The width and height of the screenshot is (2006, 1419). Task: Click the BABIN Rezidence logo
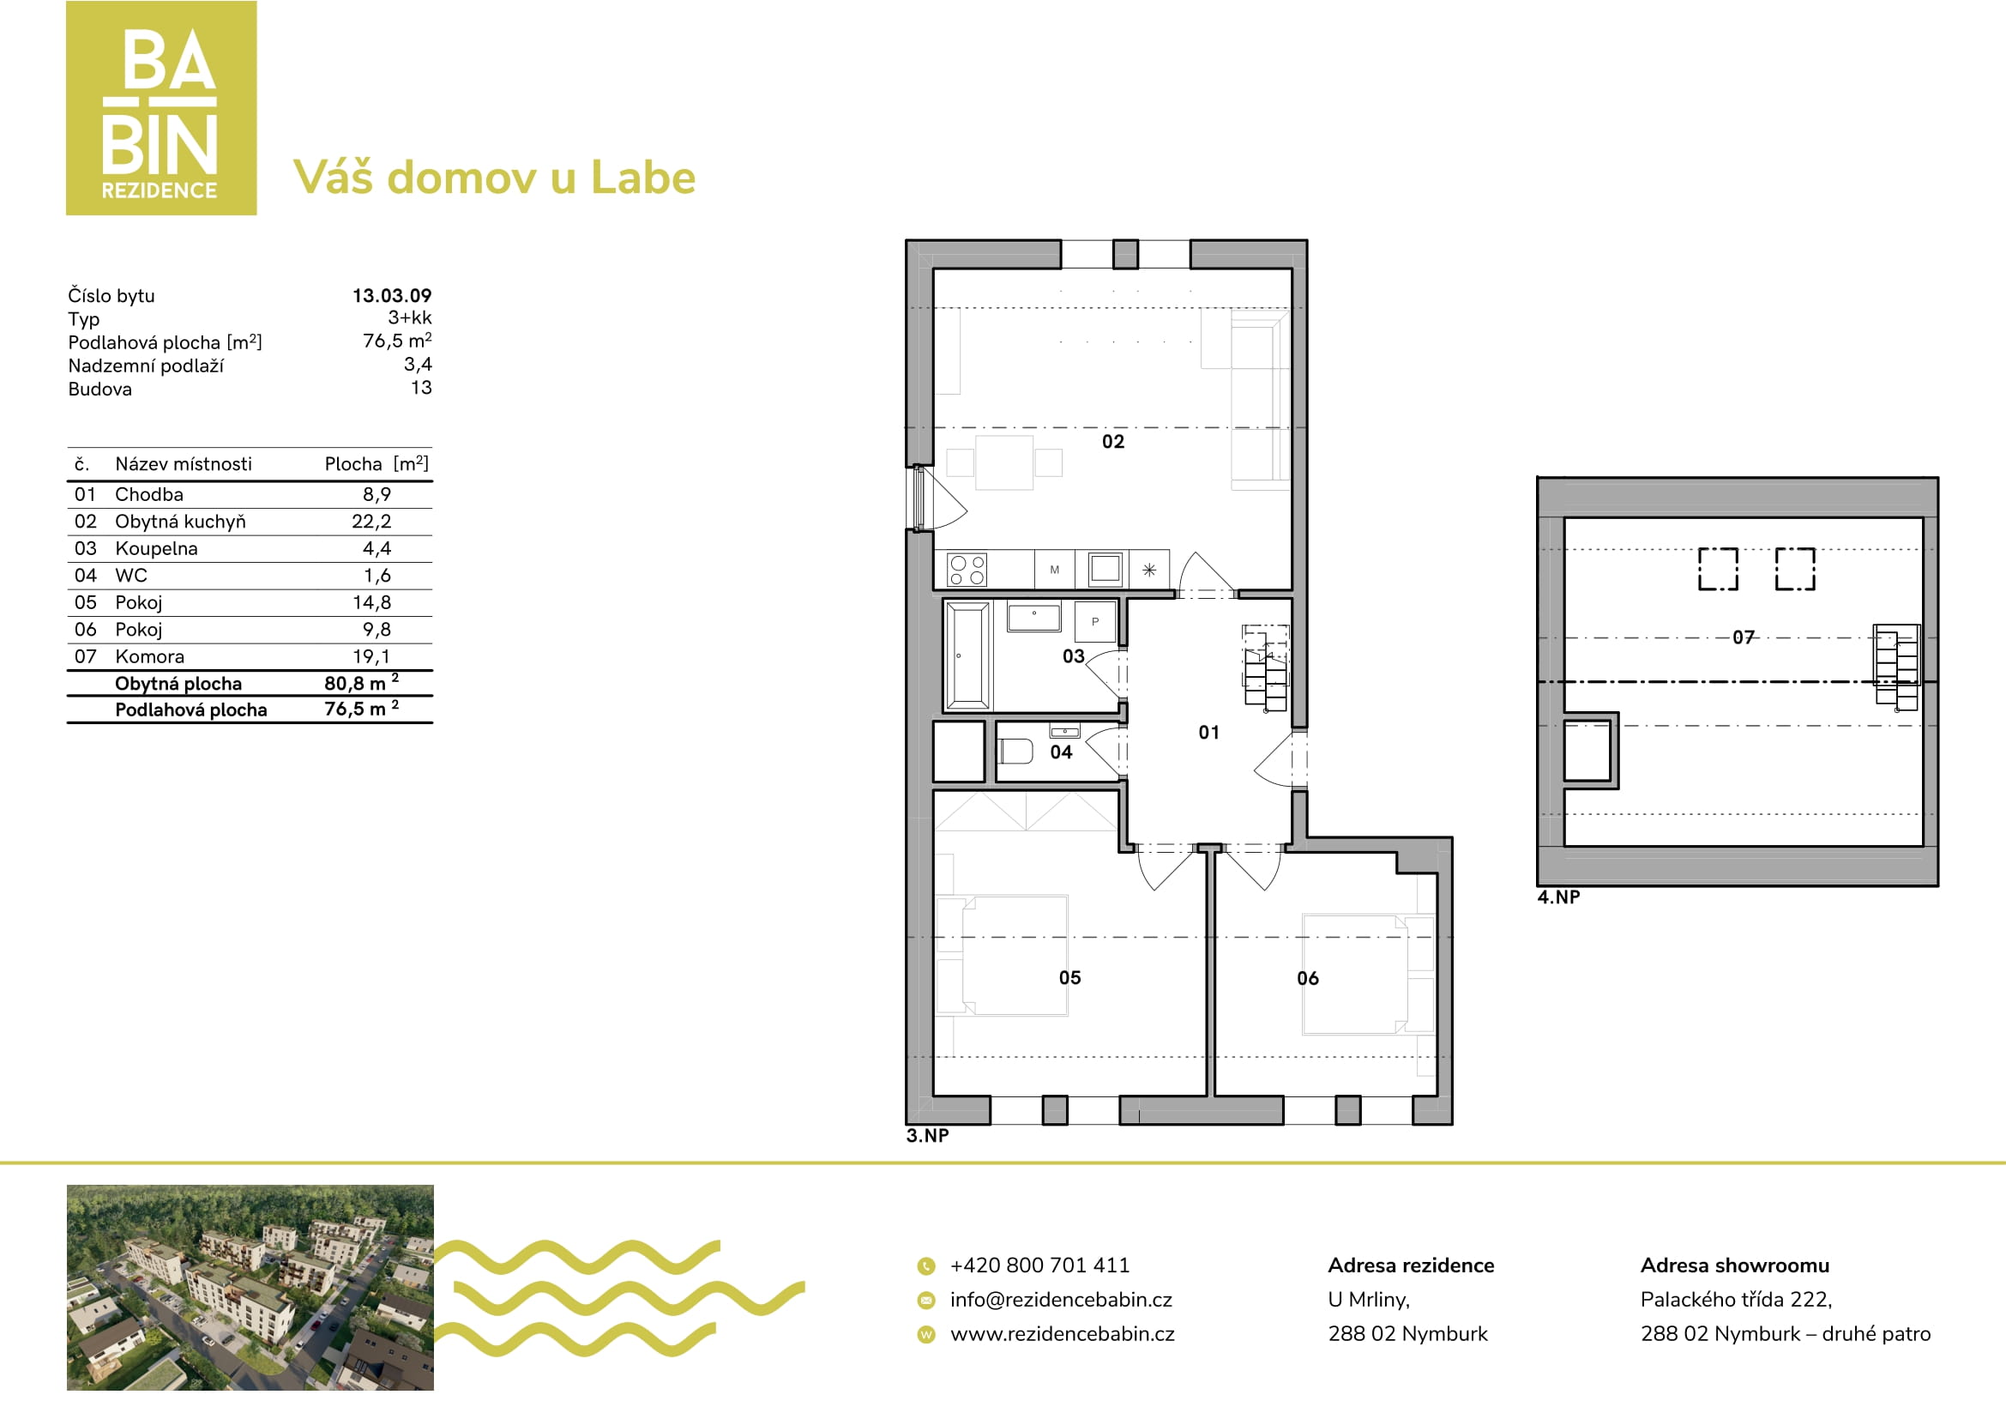(x=161, y=107)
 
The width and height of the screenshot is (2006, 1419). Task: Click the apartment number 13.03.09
(x=391, y=295)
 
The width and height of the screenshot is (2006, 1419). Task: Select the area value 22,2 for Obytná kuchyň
(x=371, y=522)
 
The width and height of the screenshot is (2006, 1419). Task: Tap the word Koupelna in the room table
(x=156, y=549)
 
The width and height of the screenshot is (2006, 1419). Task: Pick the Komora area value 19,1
(x=371, y=656)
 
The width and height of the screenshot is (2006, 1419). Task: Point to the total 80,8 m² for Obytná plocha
(x=362, y=682)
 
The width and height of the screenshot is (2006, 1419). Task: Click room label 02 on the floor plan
(x=1113, y=441)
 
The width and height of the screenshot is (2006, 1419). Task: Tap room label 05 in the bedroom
(x=1070, y=978)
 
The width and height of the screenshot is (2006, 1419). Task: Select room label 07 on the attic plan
(x=1743, y=637)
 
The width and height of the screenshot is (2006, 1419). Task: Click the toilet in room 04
(x=1015, y=751)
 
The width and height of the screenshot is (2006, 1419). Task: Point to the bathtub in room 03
(x=969, y=655)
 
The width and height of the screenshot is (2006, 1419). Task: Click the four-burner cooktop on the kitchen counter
(x=967, y=570)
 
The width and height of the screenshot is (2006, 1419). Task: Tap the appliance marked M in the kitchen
(x=1055, y=570)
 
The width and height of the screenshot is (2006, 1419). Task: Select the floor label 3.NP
(x=927, y=1136)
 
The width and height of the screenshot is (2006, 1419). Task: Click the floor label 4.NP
(x=1558, y=897)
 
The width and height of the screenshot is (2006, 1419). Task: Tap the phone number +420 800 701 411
(x=1039, y=1265)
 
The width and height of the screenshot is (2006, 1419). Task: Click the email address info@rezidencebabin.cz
(x=1062, y=1300)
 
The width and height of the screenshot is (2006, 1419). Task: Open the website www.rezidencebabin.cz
(x=1063, y=1334)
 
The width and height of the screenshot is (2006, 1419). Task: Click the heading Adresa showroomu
(x=1735, y=1265)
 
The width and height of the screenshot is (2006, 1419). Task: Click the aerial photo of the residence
(x=250, y=1287)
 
